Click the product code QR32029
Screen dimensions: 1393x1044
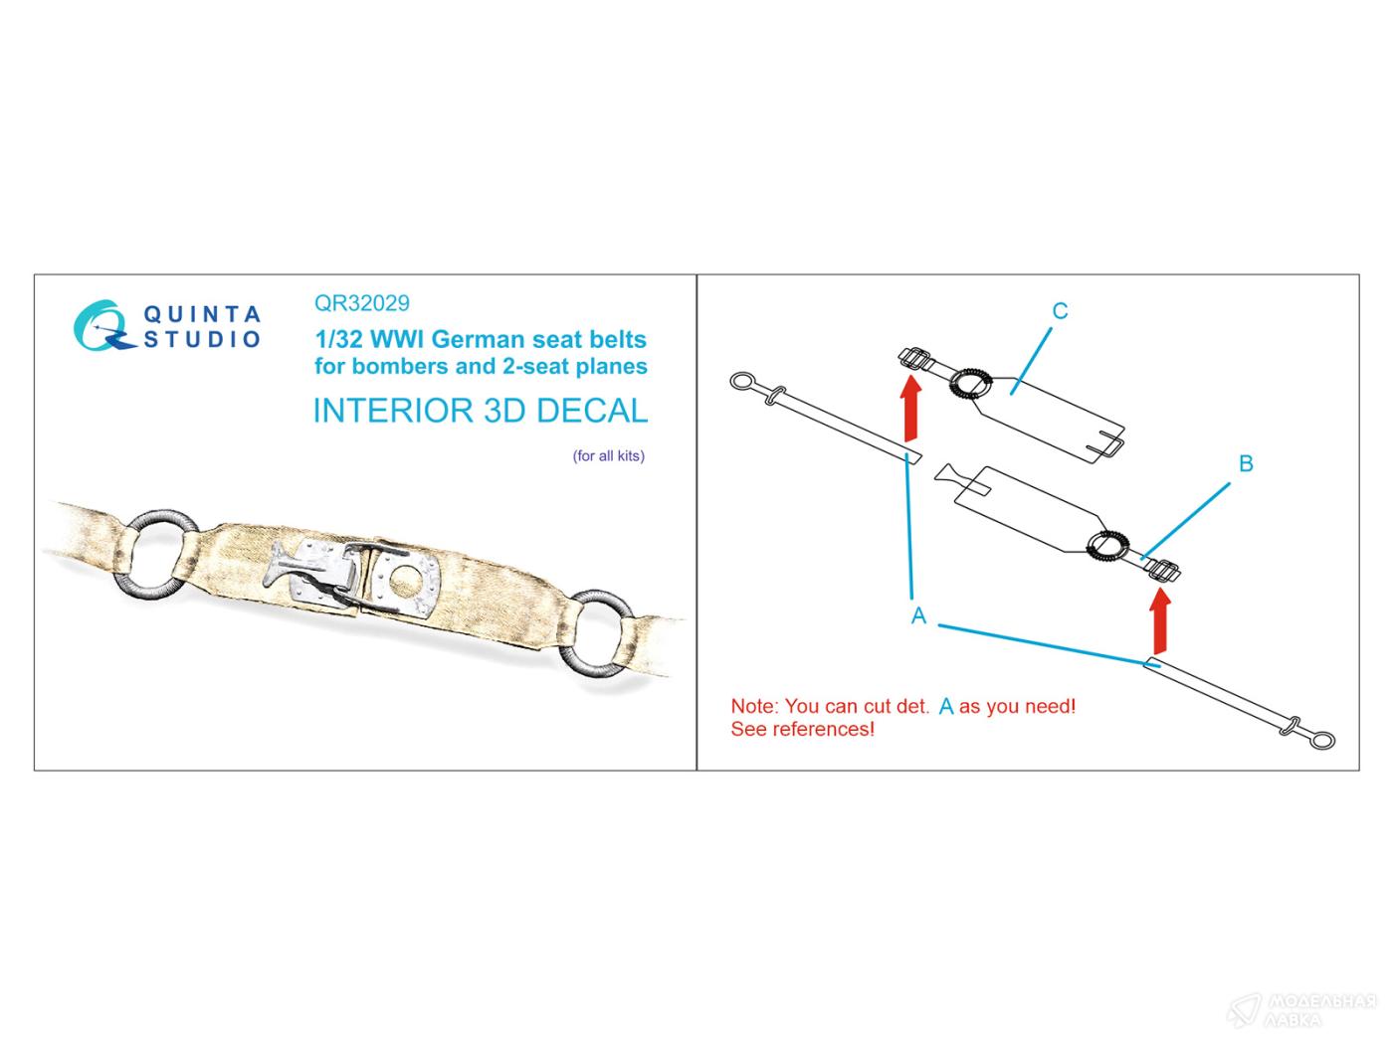pos(362,303)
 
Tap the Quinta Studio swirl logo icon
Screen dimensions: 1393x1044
pos(101,326)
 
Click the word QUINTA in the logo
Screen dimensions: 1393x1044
pos(202,314)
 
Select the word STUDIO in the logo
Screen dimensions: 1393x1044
pos(202,339)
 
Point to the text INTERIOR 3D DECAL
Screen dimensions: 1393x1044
pos(481,411)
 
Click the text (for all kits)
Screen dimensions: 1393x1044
pos(609,455)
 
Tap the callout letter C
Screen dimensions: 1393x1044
pos(1060,310)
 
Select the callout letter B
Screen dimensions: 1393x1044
pos(1246,463)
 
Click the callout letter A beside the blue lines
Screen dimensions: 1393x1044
pos(918,615)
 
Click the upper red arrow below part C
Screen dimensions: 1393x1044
pos(911,408)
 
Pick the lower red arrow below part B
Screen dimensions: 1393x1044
pos(1161,619)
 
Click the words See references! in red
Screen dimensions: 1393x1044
pos(802,729)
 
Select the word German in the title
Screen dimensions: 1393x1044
pos(479,340)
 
